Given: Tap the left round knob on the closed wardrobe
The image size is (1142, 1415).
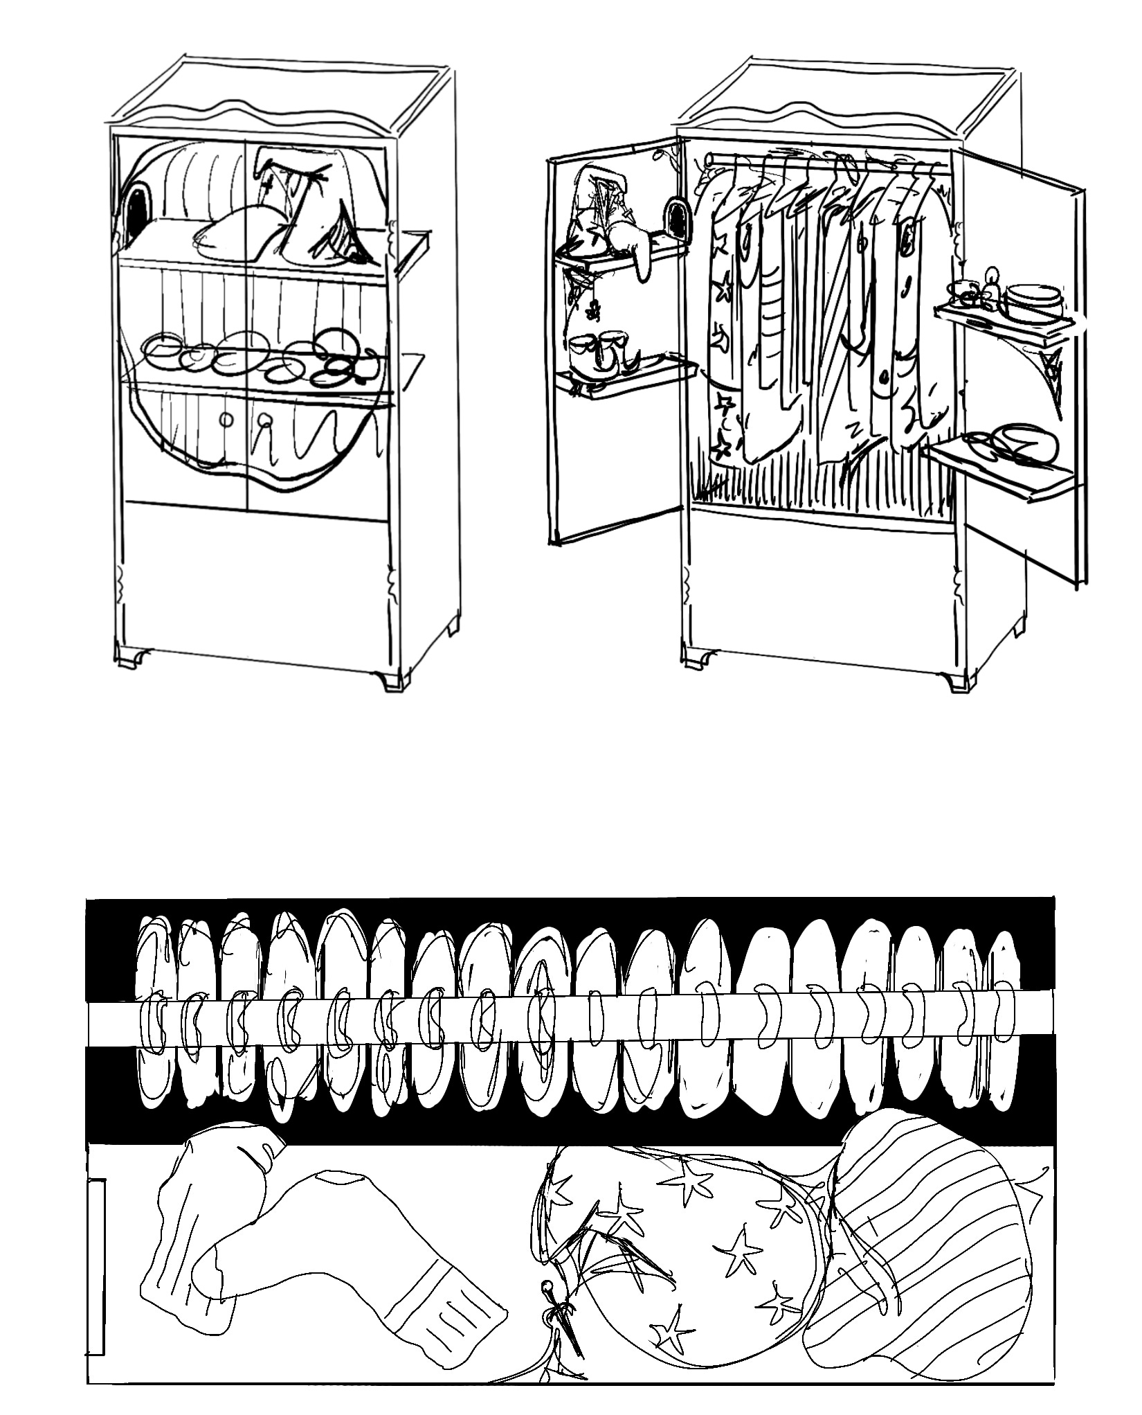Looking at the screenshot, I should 226,419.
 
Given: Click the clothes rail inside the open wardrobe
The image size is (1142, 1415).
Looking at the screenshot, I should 824,163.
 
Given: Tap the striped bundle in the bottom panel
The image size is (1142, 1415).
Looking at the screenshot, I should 927,1240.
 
